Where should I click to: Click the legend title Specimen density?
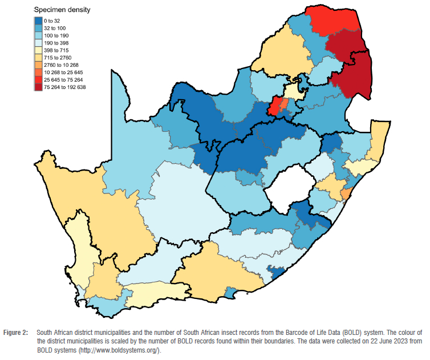pyautogui.click(x=62, y=10)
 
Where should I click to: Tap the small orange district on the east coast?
pyautogui.click(x=344, y=193)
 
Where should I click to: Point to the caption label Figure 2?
pyautogui.click(x=18, y=332)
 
